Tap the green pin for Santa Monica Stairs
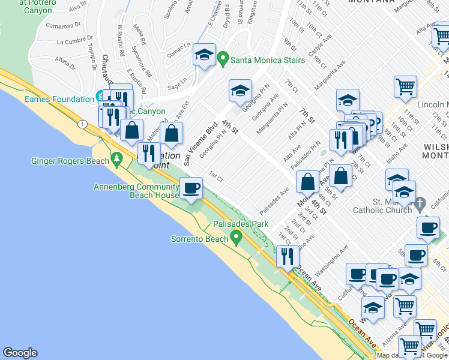[223, 58]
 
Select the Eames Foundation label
[59, 99]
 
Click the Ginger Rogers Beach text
[70, 161]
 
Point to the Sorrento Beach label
[199, 239]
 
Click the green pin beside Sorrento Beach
[237, 239]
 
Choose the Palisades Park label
[241, 224]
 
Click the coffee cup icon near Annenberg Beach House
[191, 189]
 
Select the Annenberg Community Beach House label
[136, 191]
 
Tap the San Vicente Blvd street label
[200, 144]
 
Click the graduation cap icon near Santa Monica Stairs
[204, 56]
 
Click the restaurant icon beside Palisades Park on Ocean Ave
[287, 256]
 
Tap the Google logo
[20, 353]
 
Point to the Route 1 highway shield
[80, 123]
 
